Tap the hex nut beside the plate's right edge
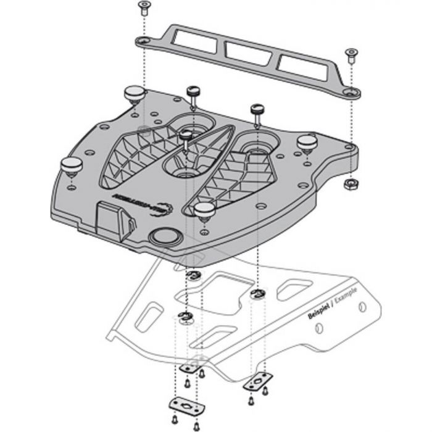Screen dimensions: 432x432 (x=349, y=184)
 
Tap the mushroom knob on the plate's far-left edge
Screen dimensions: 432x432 (x=71, y=165)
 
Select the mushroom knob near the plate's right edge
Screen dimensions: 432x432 (x=307, y=142)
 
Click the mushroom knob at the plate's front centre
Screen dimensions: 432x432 (x=204, y=209)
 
